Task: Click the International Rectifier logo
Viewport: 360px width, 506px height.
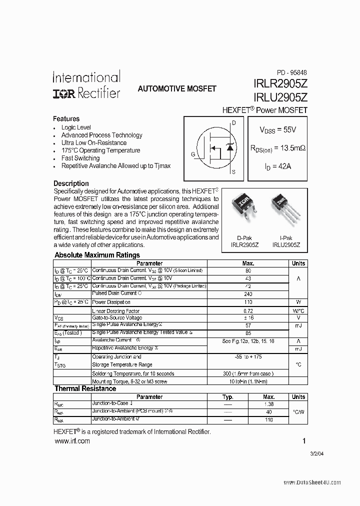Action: point(86,84)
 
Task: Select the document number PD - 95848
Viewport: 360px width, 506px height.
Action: point(292,72)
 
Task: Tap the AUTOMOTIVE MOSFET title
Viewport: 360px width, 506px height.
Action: point(177,88)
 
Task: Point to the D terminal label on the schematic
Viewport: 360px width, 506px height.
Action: point(234,122)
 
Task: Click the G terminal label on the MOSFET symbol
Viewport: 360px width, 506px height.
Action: point(193,154)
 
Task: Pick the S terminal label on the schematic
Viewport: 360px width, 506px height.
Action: point(234,171)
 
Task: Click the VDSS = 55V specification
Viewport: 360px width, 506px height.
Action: point(277,129)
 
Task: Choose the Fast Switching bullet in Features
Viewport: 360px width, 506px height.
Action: point(80,158)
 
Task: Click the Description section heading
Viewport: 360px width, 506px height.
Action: point(71,183)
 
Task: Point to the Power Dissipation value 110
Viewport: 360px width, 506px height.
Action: point(248,302)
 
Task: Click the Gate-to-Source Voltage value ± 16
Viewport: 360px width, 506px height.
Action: point(248,317)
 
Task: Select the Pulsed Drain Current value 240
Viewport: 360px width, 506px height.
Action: point(248,294)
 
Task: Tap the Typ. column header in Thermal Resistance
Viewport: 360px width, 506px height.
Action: point(228,397)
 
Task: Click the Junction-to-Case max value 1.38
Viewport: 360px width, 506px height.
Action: point(269,404)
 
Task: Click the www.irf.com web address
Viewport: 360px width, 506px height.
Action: point(71,441)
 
